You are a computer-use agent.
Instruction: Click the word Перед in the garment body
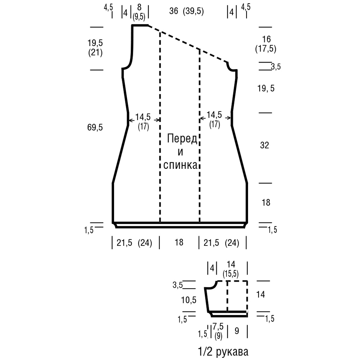(x=182, y=139)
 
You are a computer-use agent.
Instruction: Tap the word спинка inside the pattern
(x=180, y=165)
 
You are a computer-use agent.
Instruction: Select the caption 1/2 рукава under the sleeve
(x=223, y=351)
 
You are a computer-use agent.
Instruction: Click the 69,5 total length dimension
(x=95, y=127)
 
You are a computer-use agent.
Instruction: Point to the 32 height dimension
(x=265, y=145)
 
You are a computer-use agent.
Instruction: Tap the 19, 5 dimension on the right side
(x=266, y=89)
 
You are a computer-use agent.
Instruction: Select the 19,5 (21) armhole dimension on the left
(x=95, y=48)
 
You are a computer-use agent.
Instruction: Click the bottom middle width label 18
(x=179, y=242)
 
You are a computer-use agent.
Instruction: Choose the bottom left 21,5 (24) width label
(x=134, y=243)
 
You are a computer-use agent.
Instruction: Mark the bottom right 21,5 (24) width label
(x=221, y=243)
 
